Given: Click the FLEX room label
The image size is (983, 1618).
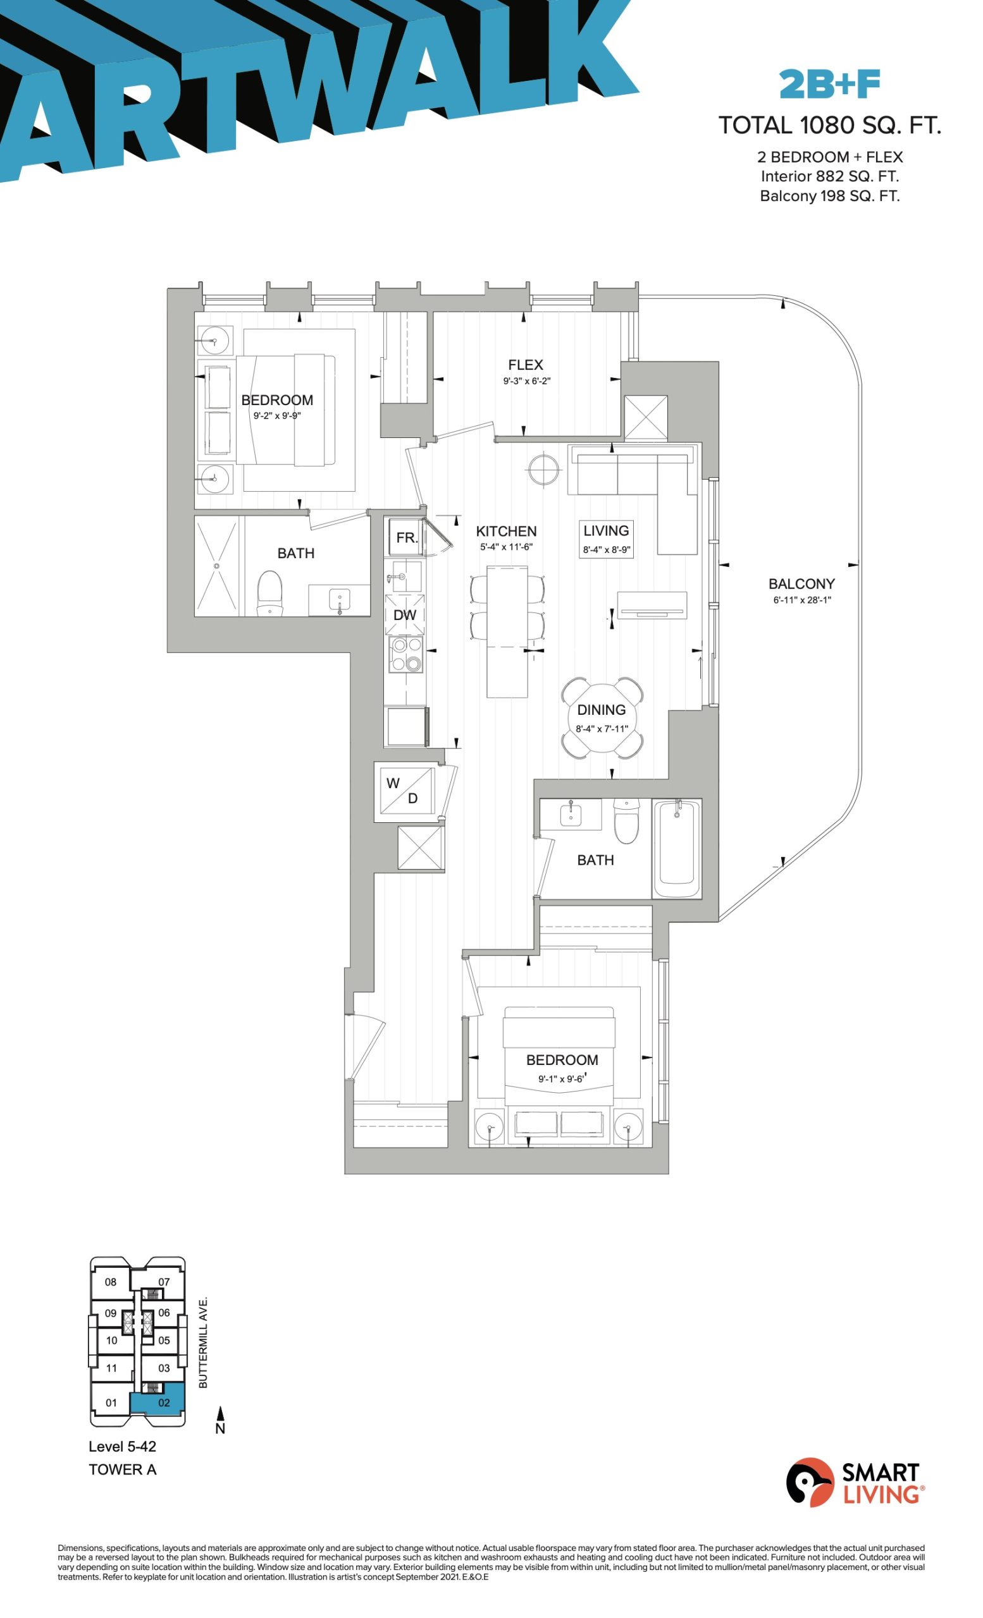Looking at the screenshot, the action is pyautogui.click(x=525, y=365).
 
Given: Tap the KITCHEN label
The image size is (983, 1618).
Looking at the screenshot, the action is pyautogui.click(x=506, y=532).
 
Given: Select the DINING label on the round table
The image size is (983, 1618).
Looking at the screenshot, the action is pyautogui.click(x=601, y=710).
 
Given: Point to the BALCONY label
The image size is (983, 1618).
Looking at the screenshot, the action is pyautogui.click(x=801, y=584).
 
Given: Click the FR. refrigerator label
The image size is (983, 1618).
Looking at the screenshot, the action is pyautogui.click(x=407, y=538).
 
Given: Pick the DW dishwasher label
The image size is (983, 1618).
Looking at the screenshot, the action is pyautogui.click(x=405, y=616).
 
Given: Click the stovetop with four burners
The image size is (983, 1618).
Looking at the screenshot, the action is pyautogui.click(x=406, y=654).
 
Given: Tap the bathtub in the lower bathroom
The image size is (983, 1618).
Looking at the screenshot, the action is pyautogui.click(x=677, y=848).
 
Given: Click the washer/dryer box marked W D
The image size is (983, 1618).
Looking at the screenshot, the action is pyautogui.click(x=405, y=791).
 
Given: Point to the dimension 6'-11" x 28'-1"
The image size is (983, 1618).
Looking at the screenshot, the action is pyautogui.click(x=801, y=600).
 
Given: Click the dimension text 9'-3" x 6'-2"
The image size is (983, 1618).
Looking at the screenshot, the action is pyautogui.click(x=526, y=382).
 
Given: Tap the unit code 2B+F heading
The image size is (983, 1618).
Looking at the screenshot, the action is pyautogui.click(x=829, y=85).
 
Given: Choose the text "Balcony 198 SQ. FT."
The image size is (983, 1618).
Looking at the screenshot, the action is pyautogui.click(x=829, y=196).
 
